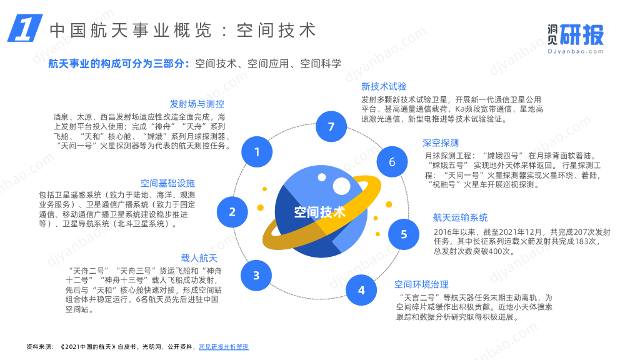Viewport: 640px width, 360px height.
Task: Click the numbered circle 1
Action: tap(257, 151)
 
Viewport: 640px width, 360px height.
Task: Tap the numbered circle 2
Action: tap(232, 211)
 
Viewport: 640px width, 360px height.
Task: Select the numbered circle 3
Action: tap(256, 275)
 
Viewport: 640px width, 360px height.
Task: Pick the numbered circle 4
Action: tap(361, 290)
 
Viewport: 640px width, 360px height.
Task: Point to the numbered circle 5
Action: tap(404, 234)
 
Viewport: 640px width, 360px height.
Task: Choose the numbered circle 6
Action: tap(392, 162)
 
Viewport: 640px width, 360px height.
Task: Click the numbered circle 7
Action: tap(331, 127)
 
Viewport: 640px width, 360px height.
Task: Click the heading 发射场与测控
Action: tap(197, 104)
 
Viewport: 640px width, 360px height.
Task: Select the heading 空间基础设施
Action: tap(167, 183)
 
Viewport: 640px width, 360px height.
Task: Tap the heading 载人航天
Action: tap(199, 258)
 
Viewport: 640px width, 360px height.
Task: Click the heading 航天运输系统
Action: tap(460, 217)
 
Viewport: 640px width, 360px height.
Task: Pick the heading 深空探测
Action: tap(441, 142)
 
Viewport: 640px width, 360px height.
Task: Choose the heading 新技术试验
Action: tap(384, 86)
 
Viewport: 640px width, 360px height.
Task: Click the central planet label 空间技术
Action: tap(320, 212)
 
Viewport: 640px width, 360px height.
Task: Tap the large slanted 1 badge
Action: tap(24, 29)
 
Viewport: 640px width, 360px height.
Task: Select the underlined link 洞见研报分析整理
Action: tap(224, 346)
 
